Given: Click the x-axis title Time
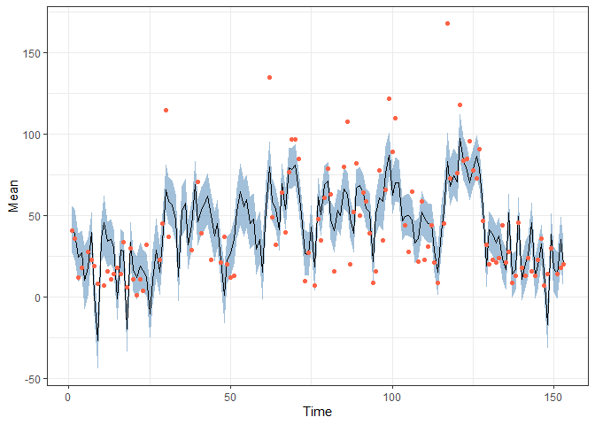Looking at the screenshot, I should (x=318, y=412).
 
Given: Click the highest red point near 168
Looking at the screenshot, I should (x=447, y=23).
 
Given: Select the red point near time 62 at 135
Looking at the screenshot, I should (x=269, y=77).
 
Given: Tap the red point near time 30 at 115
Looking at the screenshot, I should (x=166, y=110).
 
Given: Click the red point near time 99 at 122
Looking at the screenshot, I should (x=389, y=98).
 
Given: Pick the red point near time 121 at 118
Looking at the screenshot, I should (x=460, y=104).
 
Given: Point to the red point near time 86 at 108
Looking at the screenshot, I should (x=347, y=121).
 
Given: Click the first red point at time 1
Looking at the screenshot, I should (x=72, y=230).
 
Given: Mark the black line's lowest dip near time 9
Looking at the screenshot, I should (x=97, y=341).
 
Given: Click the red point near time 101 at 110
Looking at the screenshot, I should (x=395, y=118).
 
